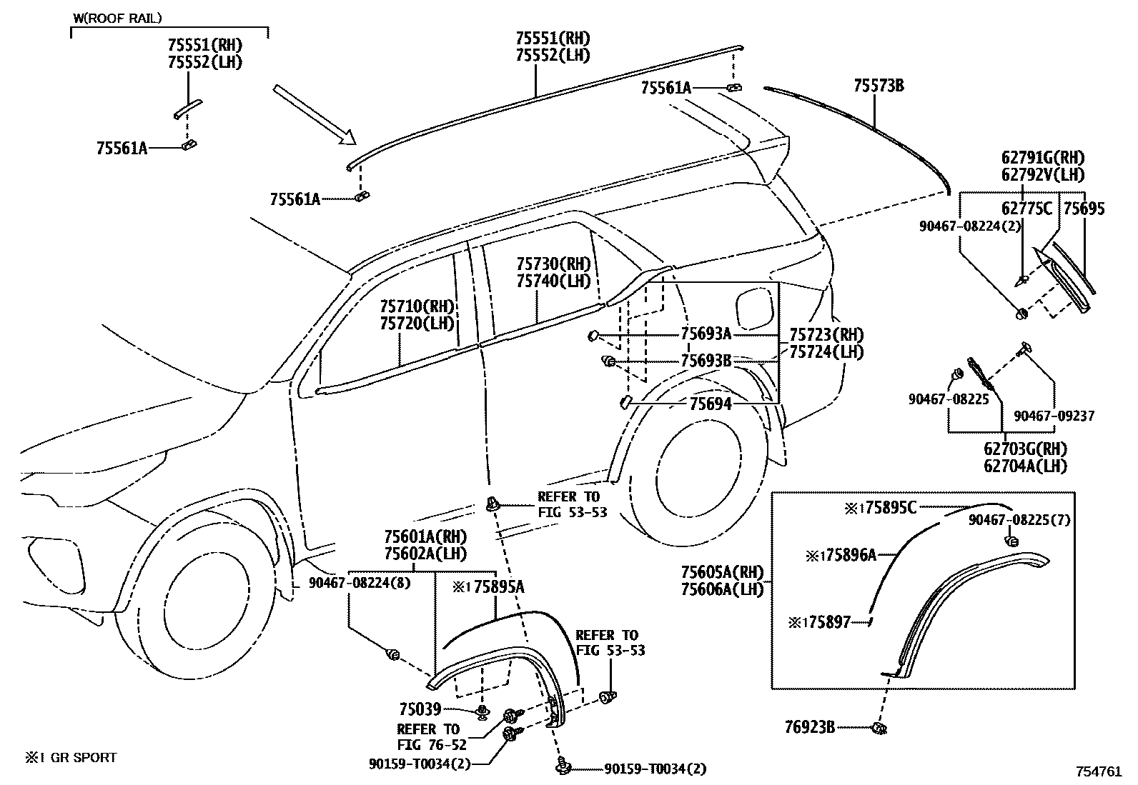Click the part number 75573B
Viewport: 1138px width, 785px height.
(879, 86)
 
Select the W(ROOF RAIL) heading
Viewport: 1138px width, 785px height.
(117, 17)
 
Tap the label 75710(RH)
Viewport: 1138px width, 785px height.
(417, 306)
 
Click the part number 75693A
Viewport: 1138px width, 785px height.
(706, 334)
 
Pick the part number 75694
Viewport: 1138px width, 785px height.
(711, 404)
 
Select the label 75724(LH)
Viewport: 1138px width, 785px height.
(826, 351)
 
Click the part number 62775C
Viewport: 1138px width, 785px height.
(1026, 209)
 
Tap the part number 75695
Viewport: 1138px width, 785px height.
(1084, 209)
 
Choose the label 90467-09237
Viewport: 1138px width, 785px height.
(1054, 416)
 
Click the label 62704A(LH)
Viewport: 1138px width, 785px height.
(1025, 466)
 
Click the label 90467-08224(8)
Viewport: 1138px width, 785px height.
(360, 583)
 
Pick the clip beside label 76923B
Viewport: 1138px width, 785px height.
(880, 729)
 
